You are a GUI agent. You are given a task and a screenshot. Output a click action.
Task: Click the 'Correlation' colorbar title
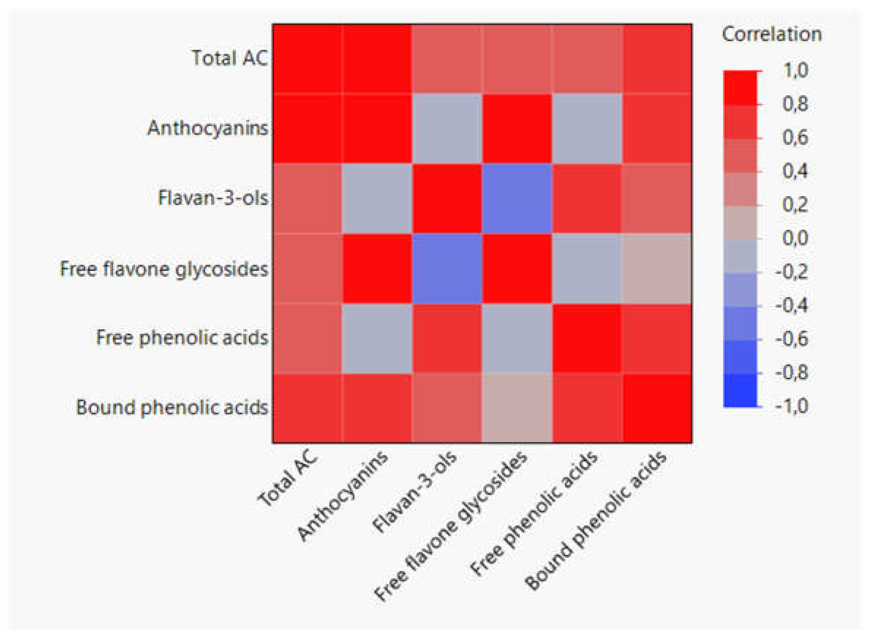click(x=771, y=34)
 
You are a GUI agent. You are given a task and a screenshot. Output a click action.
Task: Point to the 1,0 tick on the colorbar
click(x=795, y=71)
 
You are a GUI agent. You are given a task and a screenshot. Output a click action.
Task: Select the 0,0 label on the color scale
click(x=795, y=238)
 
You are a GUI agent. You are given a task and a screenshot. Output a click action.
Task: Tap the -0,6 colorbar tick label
click(x=792, y=339)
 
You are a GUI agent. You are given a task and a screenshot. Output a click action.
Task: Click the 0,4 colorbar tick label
click(x=795, y=171)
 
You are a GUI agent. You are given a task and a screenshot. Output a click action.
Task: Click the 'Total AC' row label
click(x=230, y=59)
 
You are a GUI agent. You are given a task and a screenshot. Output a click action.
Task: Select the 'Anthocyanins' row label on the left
click(x=208, y=128)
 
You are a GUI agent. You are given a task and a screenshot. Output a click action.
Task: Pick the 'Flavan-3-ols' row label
click(x=213, y=198)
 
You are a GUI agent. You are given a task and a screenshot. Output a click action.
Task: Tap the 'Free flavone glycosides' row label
click(x=164, y=269)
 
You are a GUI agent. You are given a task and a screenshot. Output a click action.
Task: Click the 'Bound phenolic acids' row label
click(x=172, y=408)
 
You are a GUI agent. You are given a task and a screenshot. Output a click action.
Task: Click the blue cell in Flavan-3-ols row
click(x=517, y=198)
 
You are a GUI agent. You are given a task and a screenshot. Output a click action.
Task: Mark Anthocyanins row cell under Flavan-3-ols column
click(x=447, y=128)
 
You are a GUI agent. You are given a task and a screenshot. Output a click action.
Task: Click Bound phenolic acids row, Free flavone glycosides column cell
click(x=517, y=408)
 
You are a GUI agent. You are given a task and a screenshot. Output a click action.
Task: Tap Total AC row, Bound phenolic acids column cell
click(x=657, y=59)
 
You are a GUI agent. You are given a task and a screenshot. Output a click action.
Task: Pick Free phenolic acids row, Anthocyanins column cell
click(x=377, y=338)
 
